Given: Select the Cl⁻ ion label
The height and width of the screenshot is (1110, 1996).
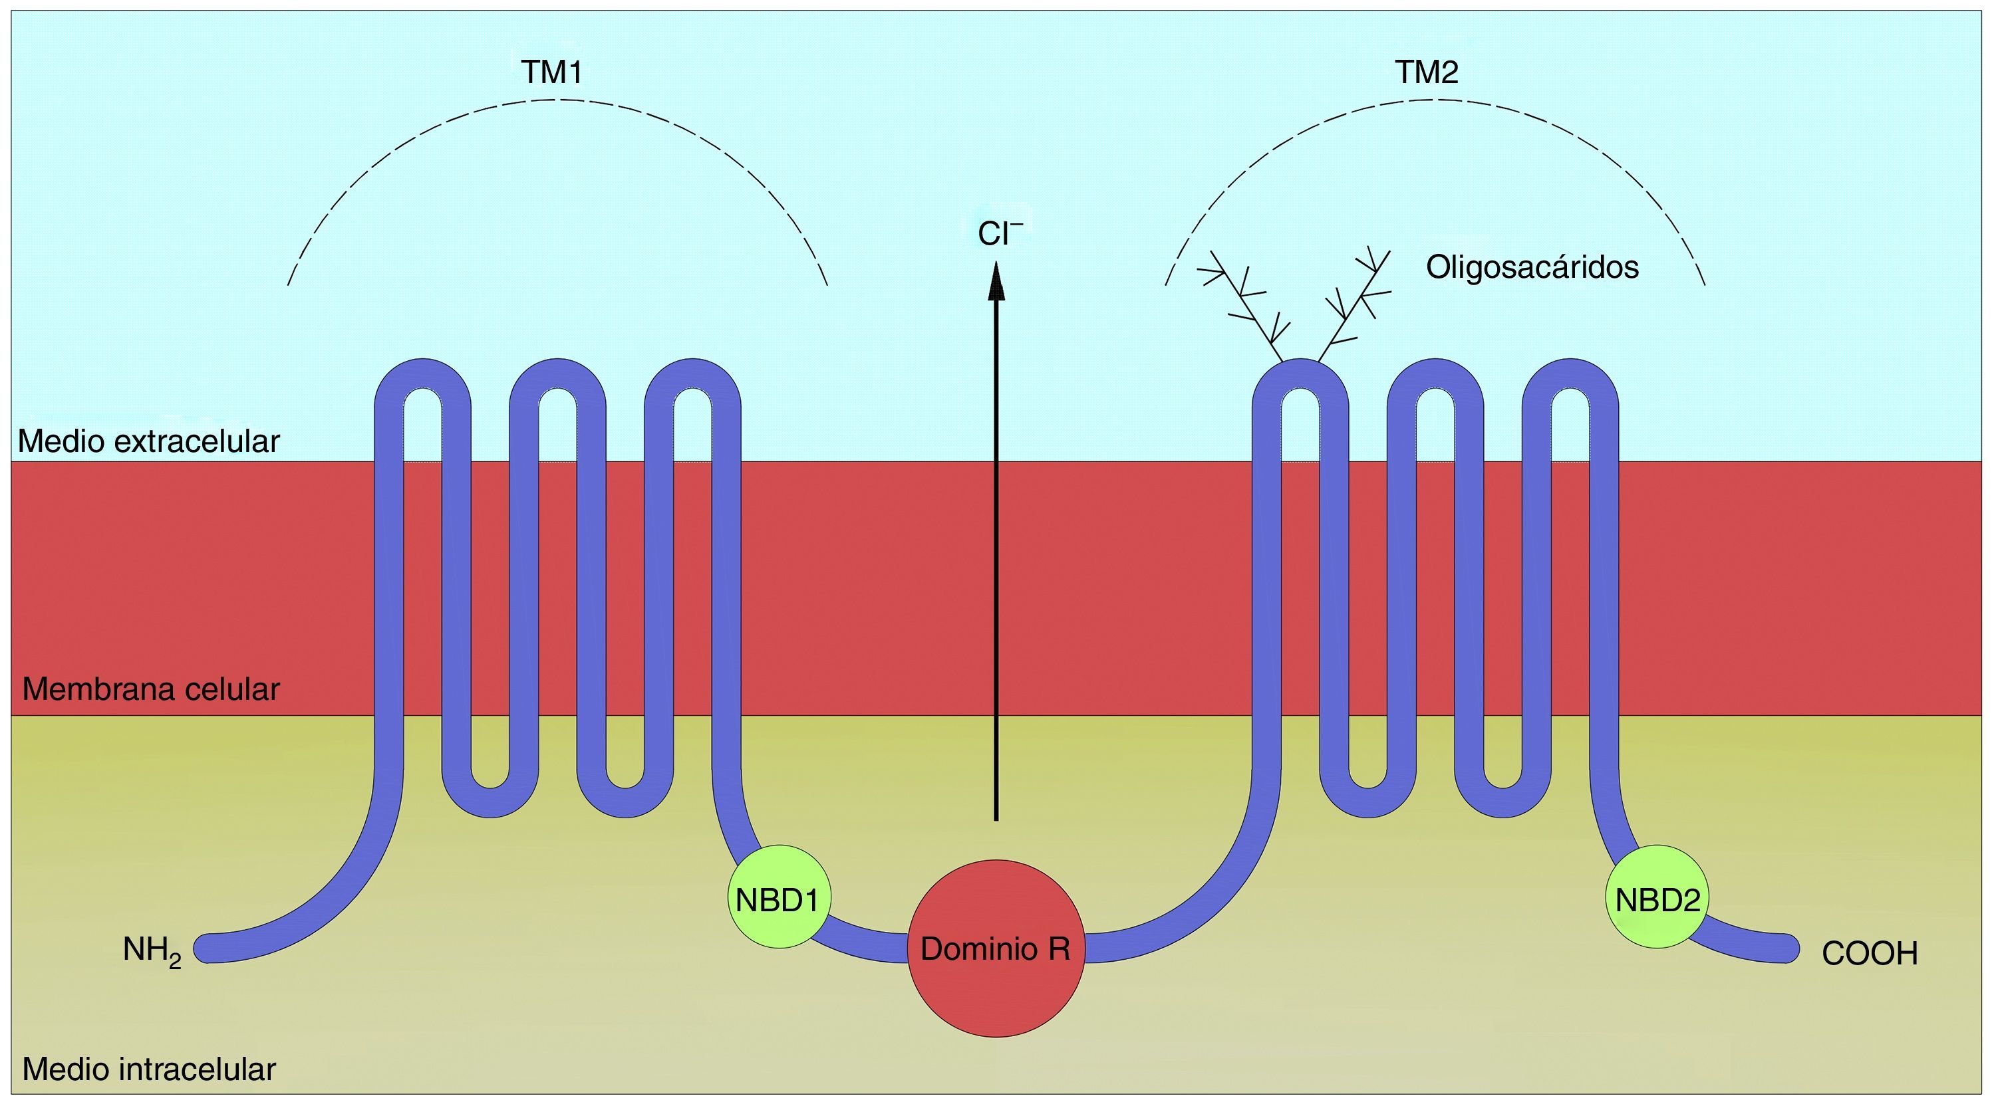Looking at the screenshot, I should [1000, 234].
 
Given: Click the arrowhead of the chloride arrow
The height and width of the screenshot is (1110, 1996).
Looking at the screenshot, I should [996, 281].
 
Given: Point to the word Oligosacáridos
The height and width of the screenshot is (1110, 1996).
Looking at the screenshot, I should [1532, 267].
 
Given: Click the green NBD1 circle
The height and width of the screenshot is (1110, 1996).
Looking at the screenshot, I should [779, 897].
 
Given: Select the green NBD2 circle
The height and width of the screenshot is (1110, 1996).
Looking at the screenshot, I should [1657, 897].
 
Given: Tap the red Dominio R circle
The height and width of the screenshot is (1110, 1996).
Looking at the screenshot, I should [996, 948].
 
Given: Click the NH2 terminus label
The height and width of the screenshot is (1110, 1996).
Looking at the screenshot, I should [152, 951].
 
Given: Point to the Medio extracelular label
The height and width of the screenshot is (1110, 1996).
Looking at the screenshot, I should [149, 441].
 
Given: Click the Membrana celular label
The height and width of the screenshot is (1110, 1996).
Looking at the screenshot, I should [151, 689].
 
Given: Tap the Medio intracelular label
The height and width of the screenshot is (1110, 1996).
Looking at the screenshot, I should [149, 1069].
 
